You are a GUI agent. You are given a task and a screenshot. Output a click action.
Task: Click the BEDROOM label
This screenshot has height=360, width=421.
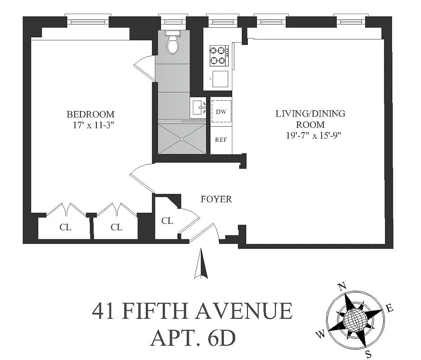pos(90,114)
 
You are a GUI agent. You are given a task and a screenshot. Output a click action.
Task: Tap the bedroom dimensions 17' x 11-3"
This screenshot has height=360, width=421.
pos(93,125)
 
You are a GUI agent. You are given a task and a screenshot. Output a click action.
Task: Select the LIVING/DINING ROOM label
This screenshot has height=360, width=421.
pos(310,119)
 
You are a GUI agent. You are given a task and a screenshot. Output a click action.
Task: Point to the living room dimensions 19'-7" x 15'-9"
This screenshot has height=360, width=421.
pos(313,135)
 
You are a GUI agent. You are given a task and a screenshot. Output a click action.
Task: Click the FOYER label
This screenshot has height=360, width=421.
pos(216,199)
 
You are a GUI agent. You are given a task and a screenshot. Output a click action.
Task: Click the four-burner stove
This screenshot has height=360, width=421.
pos(219,56)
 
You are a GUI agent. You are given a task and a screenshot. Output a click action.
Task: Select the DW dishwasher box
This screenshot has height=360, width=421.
pos(221,111)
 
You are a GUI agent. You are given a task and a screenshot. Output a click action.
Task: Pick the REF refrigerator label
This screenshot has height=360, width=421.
pos(221,140)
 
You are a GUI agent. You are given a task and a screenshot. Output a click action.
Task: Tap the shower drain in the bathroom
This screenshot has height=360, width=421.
pos(182,139)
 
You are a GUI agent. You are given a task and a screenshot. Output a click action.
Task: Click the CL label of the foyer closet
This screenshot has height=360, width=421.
pos(167,221)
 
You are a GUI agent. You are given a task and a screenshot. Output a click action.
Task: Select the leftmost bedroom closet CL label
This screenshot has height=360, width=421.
pos(65,227)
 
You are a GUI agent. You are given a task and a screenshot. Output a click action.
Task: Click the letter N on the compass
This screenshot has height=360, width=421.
pos(342,287)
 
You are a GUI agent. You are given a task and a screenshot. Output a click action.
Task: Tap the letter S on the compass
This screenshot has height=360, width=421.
pos(369,354)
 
